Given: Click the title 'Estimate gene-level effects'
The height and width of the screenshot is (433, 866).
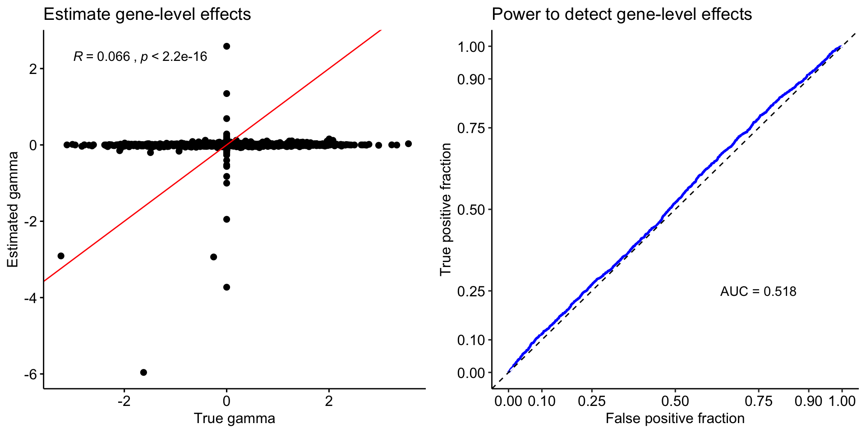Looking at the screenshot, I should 147,14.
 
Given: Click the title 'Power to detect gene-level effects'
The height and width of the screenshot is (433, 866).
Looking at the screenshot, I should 622,14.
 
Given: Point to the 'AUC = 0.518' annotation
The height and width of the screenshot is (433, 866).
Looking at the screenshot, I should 758,291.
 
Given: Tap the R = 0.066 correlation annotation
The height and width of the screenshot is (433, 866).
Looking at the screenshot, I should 140,56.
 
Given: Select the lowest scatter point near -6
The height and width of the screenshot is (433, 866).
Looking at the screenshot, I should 143,372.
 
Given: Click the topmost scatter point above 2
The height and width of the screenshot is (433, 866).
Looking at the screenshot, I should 227,46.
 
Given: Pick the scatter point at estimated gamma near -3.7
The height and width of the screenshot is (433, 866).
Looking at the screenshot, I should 227,287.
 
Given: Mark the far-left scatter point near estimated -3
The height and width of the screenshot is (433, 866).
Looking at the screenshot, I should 61,256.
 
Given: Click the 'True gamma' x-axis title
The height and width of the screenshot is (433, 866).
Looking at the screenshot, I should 234,419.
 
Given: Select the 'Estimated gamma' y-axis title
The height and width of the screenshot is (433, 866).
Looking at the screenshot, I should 13,209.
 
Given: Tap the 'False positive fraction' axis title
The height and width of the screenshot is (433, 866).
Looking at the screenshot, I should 675,419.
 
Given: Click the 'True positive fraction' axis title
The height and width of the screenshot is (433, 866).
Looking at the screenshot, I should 446,209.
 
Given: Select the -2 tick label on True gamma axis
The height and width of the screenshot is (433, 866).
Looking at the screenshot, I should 124,401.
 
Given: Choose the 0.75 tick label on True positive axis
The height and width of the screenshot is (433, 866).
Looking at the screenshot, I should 471,128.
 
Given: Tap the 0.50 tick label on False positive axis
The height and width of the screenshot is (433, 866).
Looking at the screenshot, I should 675,401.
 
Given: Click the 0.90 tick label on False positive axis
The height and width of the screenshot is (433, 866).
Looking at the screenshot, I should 808,401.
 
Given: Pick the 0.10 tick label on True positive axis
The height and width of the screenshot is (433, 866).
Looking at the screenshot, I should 471,340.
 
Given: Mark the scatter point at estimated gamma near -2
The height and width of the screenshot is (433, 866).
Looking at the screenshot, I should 227,219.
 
